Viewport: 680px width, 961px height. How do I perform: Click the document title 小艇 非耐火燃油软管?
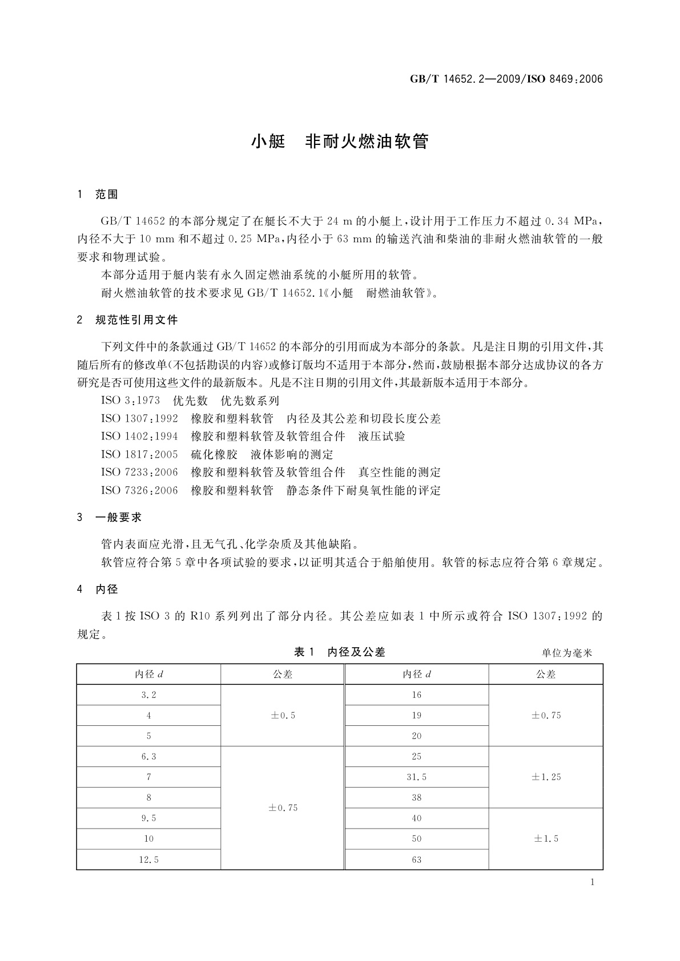tap(340, 142)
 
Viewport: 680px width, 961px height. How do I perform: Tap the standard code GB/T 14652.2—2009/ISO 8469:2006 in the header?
tap(506, 79)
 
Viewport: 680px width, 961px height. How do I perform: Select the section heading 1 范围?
tap(98, 195)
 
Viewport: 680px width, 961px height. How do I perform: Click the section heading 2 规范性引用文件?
tap(127, 320)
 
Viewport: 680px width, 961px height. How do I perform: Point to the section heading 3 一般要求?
tap(110, 518)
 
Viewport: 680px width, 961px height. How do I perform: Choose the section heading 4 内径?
tap(98, 589)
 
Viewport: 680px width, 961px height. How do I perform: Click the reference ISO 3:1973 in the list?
tap(131, 401)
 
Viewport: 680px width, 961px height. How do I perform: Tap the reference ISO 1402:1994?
tap(139, 437)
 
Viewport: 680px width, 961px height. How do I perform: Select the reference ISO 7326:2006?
tap(139, 490)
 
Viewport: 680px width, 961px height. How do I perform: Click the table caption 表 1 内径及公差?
tap(340, 652)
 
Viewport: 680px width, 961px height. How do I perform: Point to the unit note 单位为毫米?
tap(567, 653)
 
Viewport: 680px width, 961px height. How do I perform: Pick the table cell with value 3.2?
tap(148, 695)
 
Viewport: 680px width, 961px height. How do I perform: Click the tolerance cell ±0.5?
tap(283, 716)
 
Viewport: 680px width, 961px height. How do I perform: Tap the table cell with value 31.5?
tap(417, 777)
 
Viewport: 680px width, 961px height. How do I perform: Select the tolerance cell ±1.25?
tap(546, 777)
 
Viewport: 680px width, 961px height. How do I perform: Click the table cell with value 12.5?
tap(148, 859)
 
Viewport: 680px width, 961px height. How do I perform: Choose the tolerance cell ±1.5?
tap(546, 839)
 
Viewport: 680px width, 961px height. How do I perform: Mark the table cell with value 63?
tap(417, 859)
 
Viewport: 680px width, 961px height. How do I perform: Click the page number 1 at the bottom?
tap(592, 882)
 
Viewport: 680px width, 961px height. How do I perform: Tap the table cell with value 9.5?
tap(148, 818)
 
